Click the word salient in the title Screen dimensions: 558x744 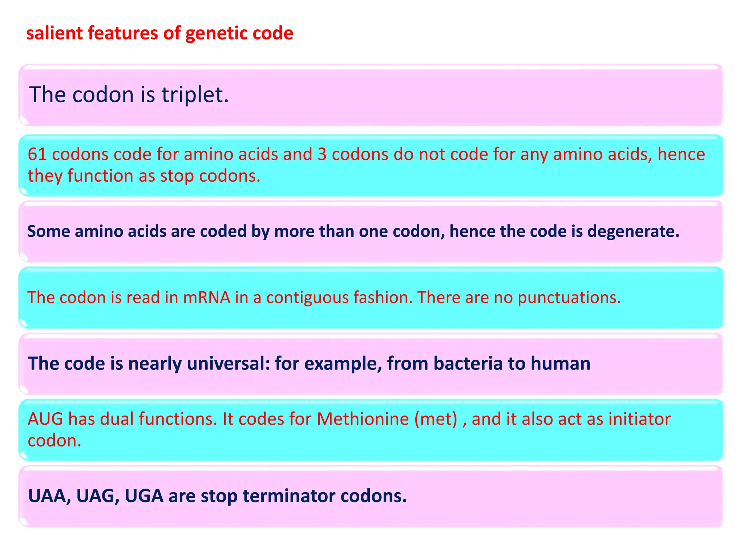click(x=54, y=33)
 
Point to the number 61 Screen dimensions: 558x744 click(x=37, y=154)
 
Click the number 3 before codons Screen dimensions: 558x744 click(x=322, y=154)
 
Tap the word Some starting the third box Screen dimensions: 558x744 click(x=48, y=231)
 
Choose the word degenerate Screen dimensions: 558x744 click(x=633, y=231)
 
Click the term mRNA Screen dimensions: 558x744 click(x=207, y=297)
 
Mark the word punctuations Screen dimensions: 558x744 click(x=569, y=298)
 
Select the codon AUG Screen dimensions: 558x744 click(x=45, y=419)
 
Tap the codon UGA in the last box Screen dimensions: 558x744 click(x=144, y=496)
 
